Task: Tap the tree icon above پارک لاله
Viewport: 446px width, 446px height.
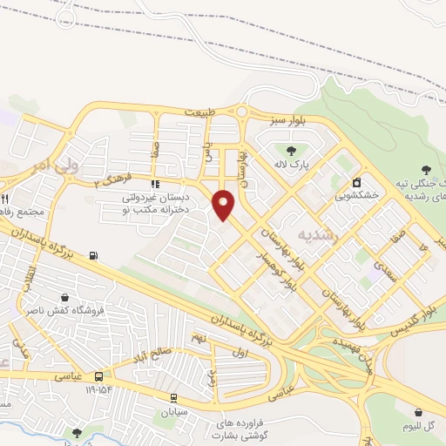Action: (x=303, y=148)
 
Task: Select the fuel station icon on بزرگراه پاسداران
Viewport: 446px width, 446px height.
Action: (x=93, y=256)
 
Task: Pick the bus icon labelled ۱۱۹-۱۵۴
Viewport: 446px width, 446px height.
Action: (x=100, y=377)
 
